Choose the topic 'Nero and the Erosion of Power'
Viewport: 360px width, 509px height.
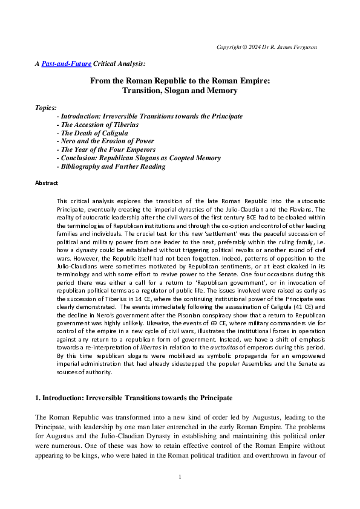[105, 141]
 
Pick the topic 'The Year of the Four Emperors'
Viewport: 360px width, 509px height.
[106, 149]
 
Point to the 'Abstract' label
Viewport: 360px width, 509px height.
[47, 183]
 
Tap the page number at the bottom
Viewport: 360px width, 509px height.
[180, 478]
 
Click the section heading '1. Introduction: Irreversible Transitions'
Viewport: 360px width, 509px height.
[134, 398]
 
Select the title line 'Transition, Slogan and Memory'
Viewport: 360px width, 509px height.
[180, 91]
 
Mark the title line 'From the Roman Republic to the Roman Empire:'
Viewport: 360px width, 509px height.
[180, 80]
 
